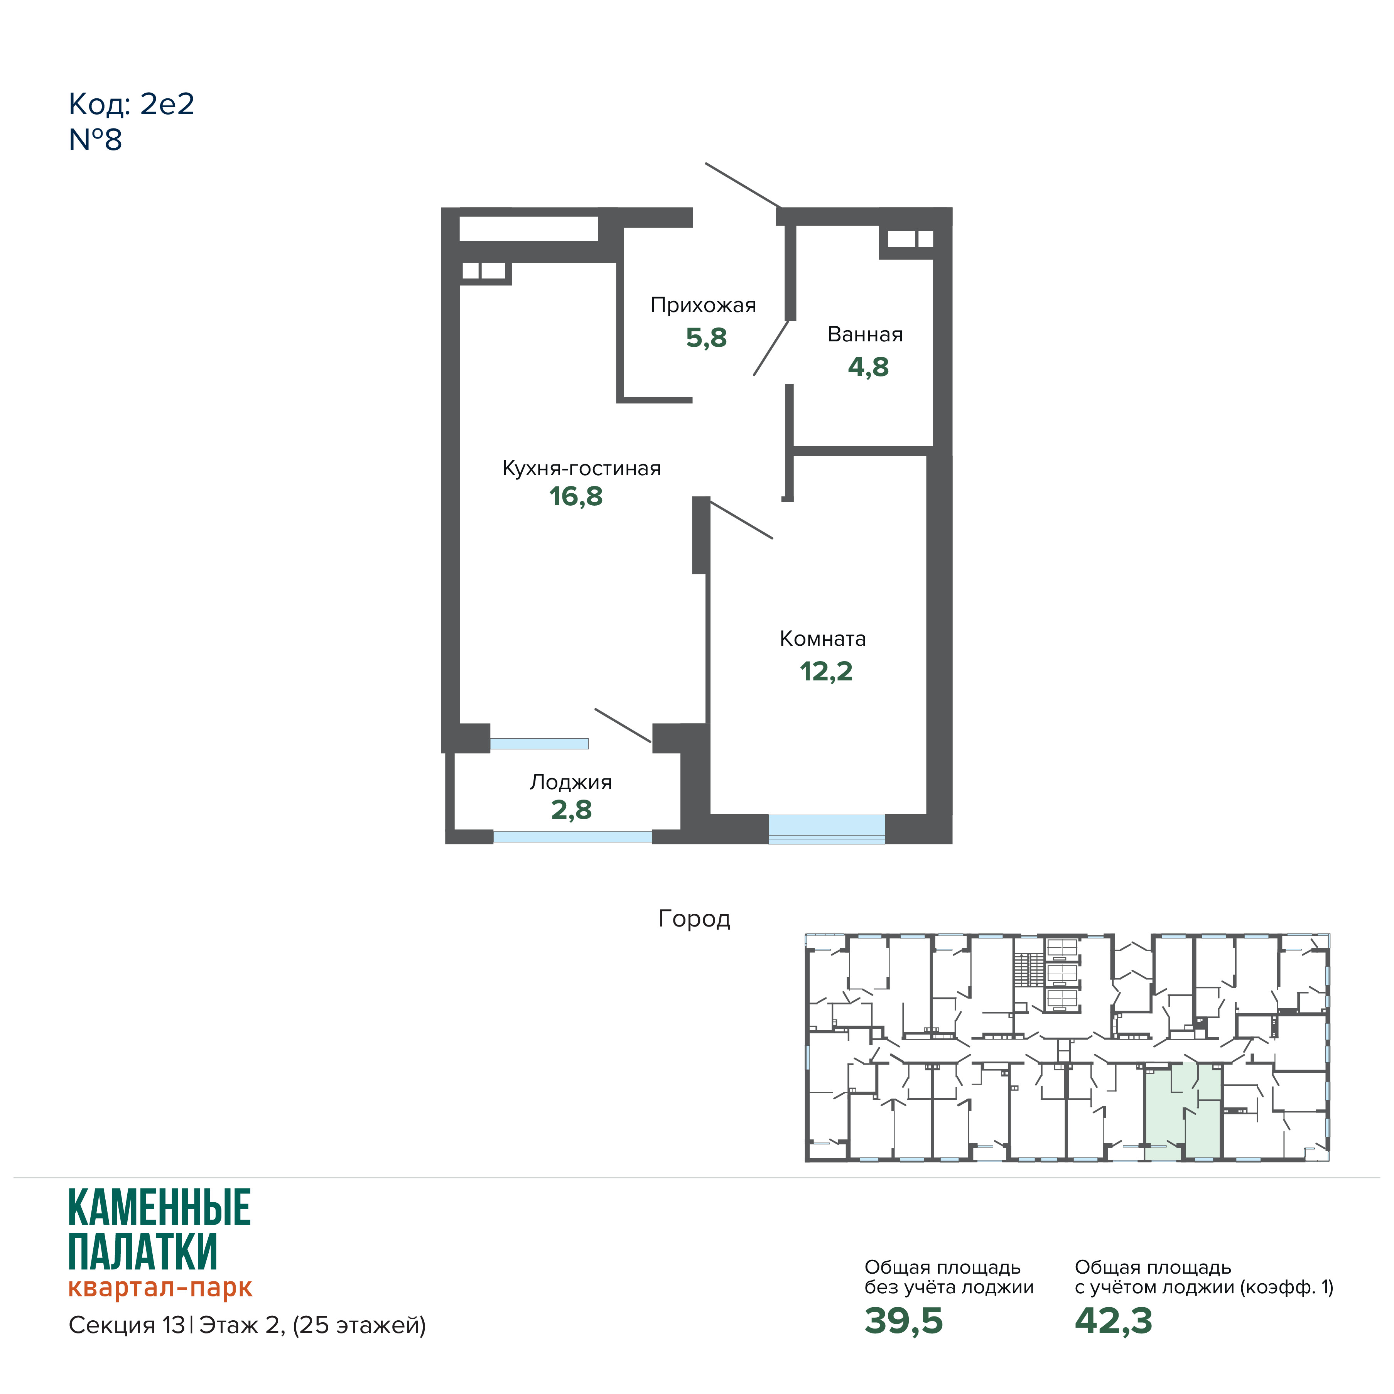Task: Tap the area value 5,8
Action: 705,338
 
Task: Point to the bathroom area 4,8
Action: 868,367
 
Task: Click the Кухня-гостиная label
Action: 582,468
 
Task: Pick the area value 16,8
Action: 576,496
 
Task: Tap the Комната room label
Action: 822,638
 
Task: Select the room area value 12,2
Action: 826,672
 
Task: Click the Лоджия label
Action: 571,782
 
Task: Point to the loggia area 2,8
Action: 572,810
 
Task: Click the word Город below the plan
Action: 694,918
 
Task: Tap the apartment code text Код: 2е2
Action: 131,105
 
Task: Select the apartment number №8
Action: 95,140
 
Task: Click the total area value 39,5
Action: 903,1320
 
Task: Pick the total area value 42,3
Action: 1113,1320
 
